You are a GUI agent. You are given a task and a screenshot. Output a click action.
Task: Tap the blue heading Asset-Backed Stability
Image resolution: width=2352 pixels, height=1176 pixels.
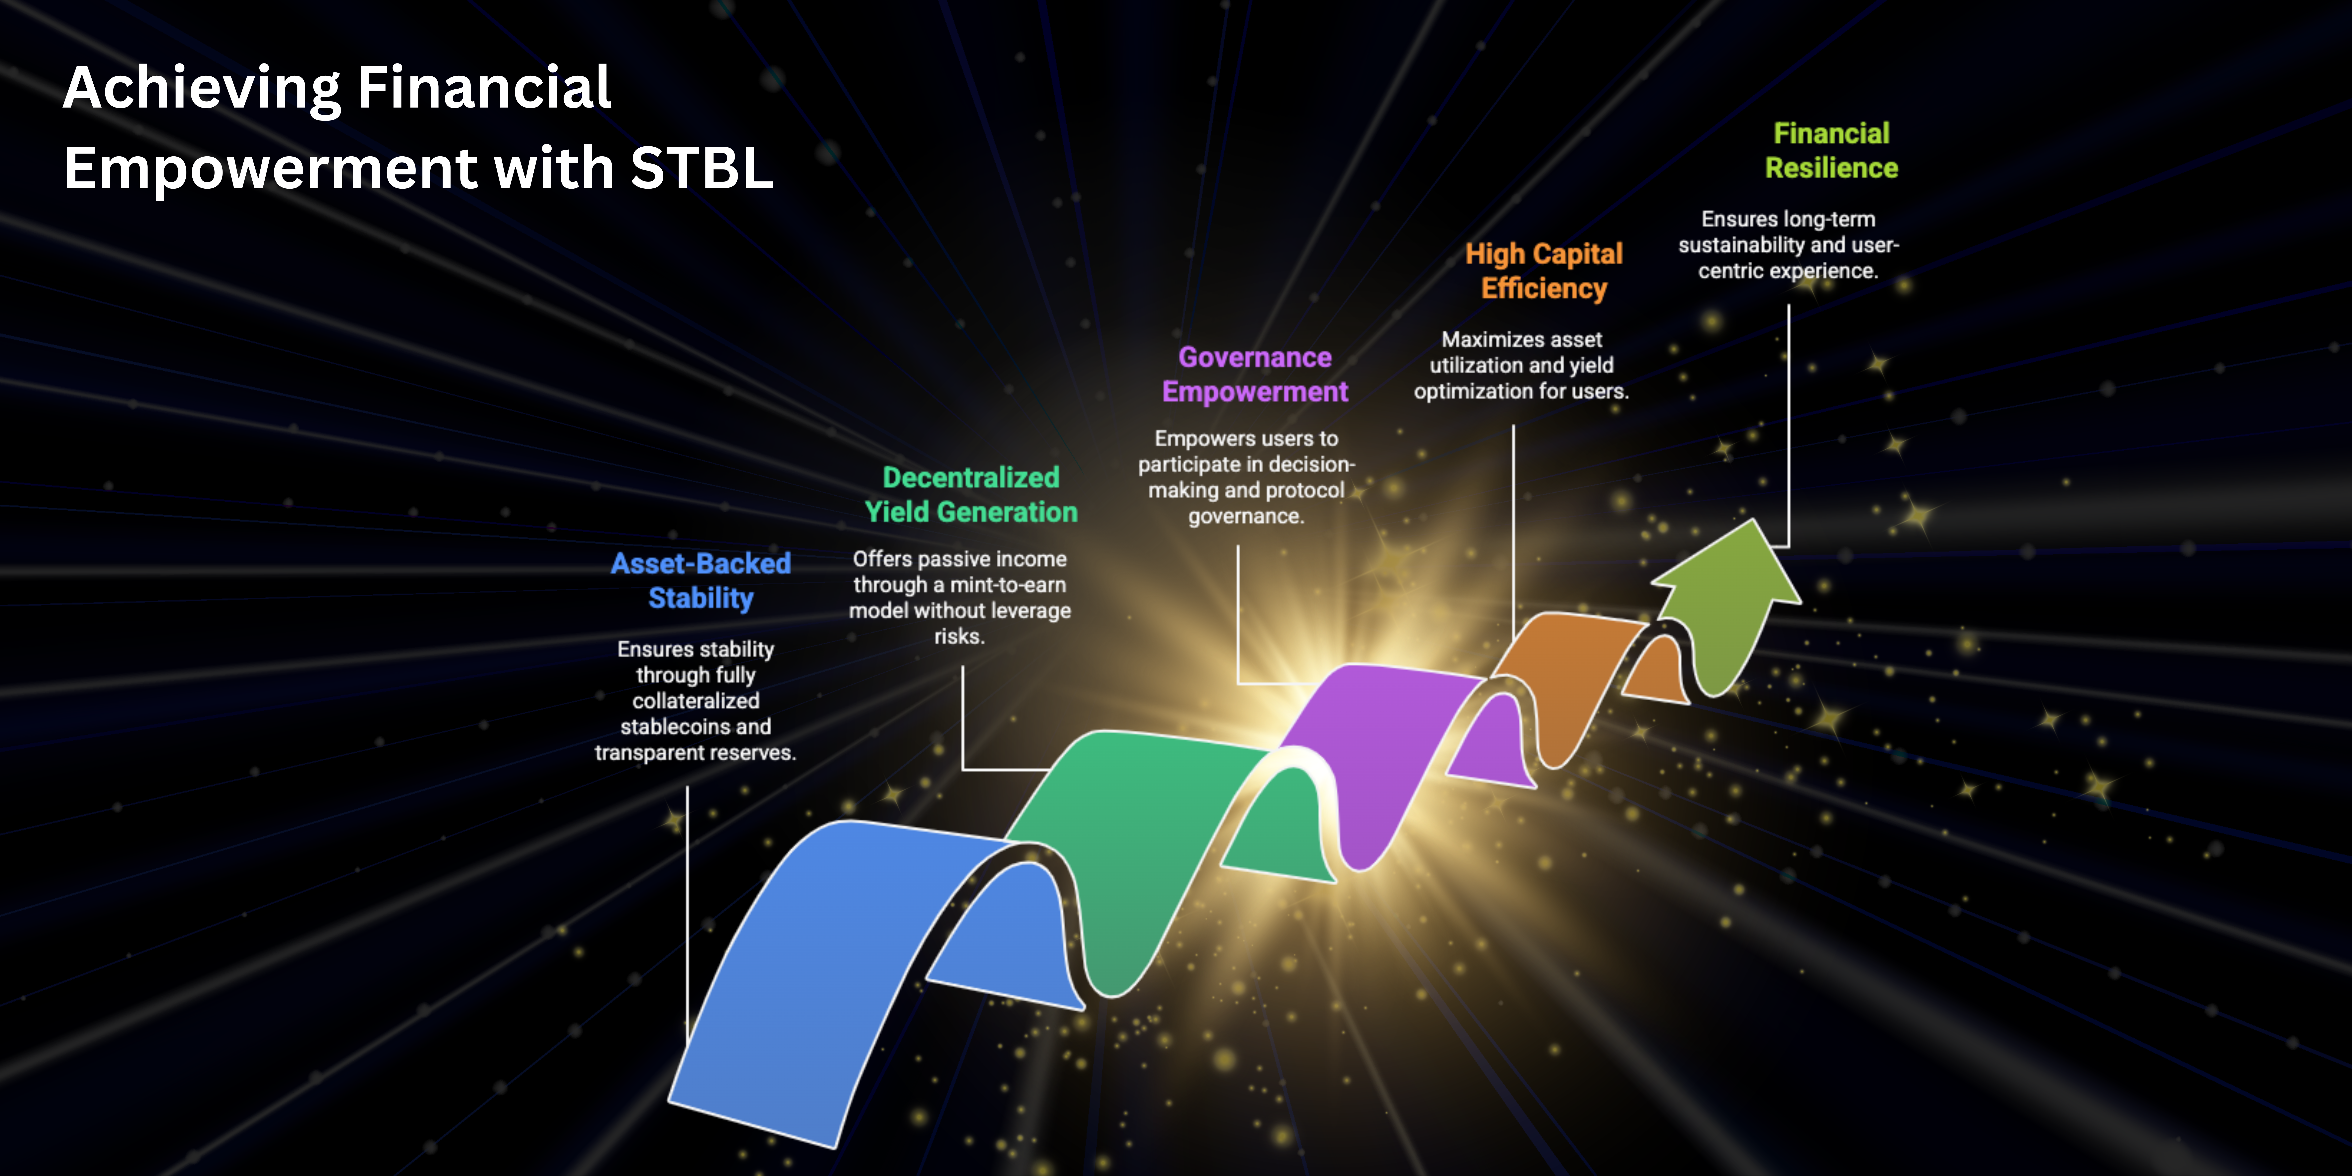(700, 581)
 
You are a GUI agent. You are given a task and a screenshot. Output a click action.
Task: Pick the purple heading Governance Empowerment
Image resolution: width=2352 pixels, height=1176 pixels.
(1255, 374)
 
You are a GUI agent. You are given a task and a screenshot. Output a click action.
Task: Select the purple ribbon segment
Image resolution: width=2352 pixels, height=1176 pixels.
(1397, 758)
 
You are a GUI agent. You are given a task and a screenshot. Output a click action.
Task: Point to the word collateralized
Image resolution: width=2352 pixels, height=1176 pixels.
(696, 701)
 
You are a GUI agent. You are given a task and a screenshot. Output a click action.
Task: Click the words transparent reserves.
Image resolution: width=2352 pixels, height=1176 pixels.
(696, 753)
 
